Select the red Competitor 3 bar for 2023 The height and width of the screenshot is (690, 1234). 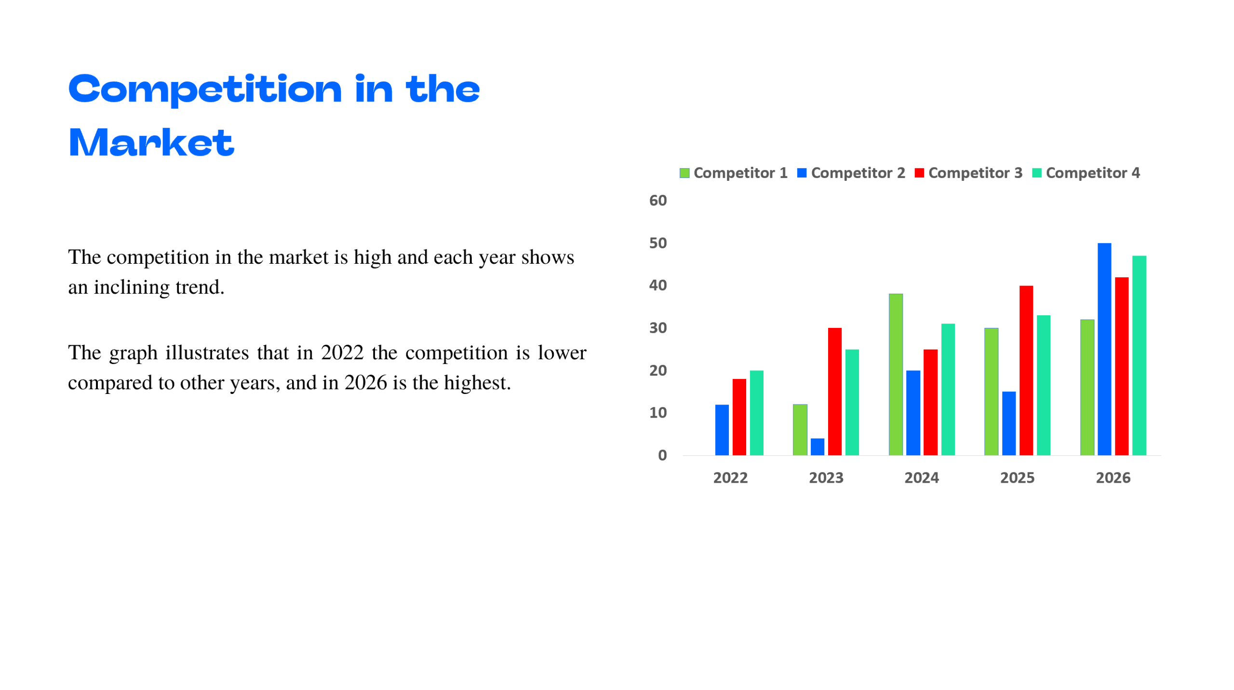tap(834, 391)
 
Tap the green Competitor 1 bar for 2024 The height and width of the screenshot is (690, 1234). tap(895, 374)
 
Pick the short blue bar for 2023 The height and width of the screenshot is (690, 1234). tap(817, 446)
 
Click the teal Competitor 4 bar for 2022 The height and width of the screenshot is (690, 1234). tap(756, 412)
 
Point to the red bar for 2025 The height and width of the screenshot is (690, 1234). tap(1025, 370)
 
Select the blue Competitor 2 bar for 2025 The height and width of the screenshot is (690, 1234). tap(1008, 423)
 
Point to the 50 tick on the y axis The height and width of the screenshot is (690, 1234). tap(657, 243)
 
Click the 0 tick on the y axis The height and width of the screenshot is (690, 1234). tap(662, 455)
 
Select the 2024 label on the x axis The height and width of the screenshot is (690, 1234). tap(921, 477)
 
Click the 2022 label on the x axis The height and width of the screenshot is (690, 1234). tap(730, 477)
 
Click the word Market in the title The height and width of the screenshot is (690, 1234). tap(151, 143)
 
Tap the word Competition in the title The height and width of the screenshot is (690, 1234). tap(205, 90)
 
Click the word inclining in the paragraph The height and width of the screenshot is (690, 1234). tap(131, 287)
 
